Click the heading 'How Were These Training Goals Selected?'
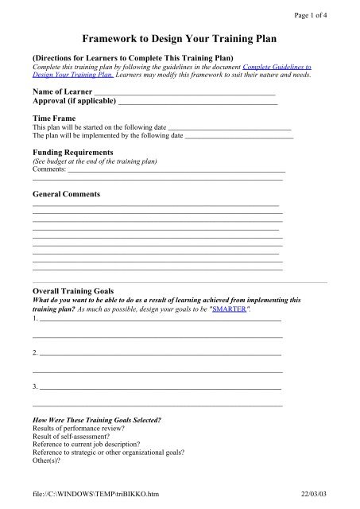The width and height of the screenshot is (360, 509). (96, 419)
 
